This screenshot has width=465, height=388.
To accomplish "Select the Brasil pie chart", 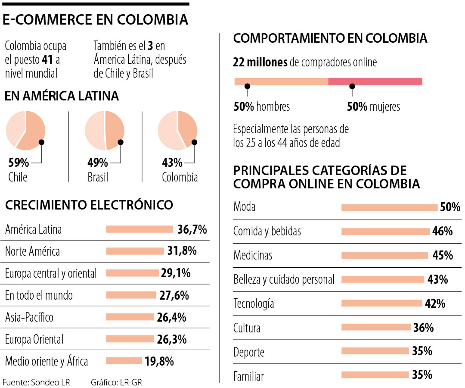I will click(105, 130).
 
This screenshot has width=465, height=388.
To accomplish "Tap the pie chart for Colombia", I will click(177, 130).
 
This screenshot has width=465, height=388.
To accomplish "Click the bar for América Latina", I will click(139, 229).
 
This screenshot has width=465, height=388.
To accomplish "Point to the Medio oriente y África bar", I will click(124, 360).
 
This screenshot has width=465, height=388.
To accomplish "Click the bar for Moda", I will click(389, 207).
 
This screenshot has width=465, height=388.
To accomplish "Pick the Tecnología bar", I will click(381, 303).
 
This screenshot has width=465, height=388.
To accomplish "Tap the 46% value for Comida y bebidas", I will click(443, 232).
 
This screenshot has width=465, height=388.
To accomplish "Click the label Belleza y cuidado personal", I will click(284, 279).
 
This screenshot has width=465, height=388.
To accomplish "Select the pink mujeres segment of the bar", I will click(375, 81).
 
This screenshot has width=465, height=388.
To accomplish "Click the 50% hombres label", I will click(261, 106).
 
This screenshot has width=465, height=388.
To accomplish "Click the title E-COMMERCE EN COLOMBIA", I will click(96, 20).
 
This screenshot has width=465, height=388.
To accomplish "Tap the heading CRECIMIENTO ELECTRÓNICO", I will click(89, 205).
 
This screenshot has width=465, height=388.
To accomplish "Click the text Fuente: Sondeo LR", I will click(36, 382).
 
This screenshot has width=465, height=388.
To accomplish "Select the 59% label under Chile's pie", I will click(19, 163).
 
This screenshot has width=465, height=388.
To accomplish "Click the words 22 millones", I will click(260, 63).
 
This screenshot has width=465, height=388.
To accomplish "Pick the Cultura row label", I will click(247, 328).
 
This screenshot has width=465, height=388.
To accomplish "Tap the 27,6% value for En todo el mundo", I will click(173, 295).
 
